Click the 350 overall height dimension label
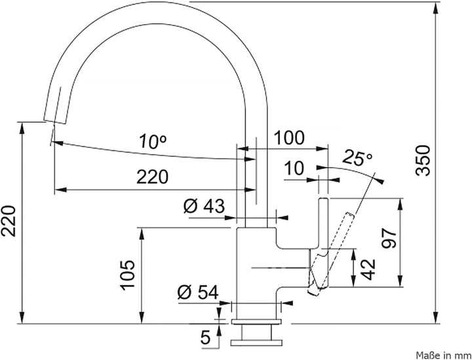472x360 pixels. click(423, 161)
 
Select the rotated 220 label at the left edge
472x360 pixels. click(8, 221)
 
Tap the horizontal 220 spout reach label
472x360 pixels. click(152, 177)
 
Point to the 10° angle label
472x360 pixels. click(153, 141)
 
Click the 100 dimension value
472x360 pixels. click(289, 138)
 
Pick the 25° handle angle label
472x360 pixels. click(358, 157)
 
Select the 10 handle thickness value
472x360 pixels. click(294, 168)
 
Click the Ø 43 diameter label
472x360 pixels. click(205, 206)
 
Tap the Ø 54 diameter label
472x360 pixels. click(198, 292)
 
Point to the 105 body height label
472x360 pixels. click(128, 275)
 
